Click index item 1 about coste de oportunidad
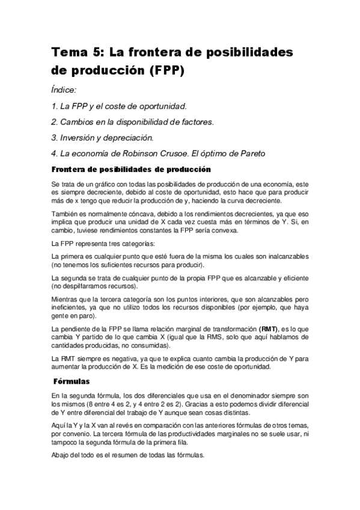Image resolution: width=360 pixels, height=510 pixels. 119,106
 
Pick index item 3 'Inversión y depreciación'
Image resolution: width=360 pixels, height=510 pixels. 103,137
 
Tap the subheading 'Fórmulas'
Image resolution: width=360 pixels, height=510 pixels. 72,381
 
